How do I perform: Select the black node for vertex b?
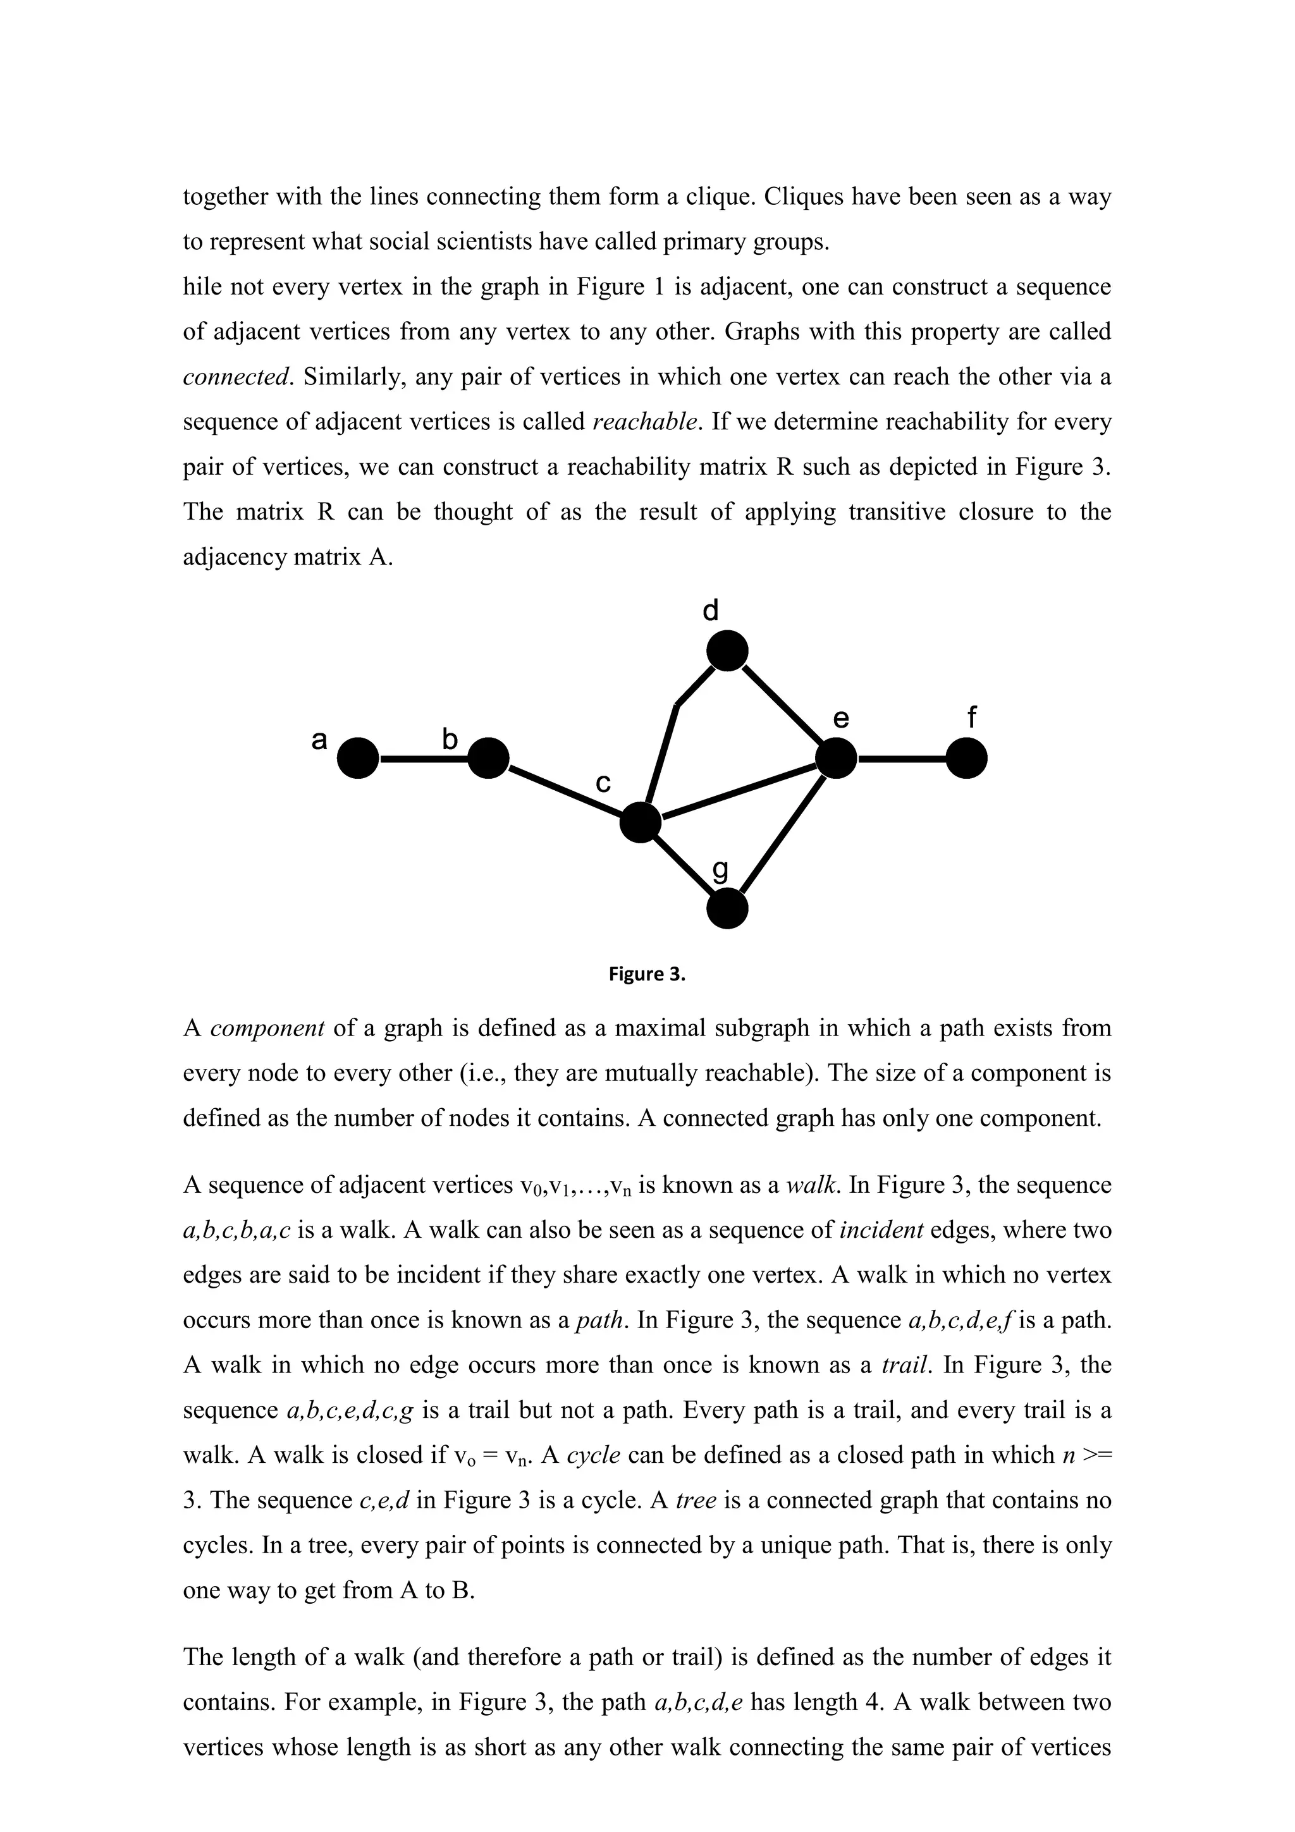[488, 757]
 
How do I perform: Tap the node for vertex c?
[641, 822]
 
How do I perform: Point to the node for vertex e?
[836, 757]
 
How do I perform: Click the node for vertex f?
[966, 757]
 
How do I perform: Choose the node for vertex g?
[728, 909]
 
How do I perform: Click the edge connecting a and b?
[423, 759]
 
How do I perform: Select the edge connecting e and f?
[902, 759]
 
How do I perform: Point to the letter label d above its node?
[710, 611]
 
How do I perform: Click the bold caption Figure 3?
[646, 974]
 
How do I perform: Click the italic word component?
[266, 1029]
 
